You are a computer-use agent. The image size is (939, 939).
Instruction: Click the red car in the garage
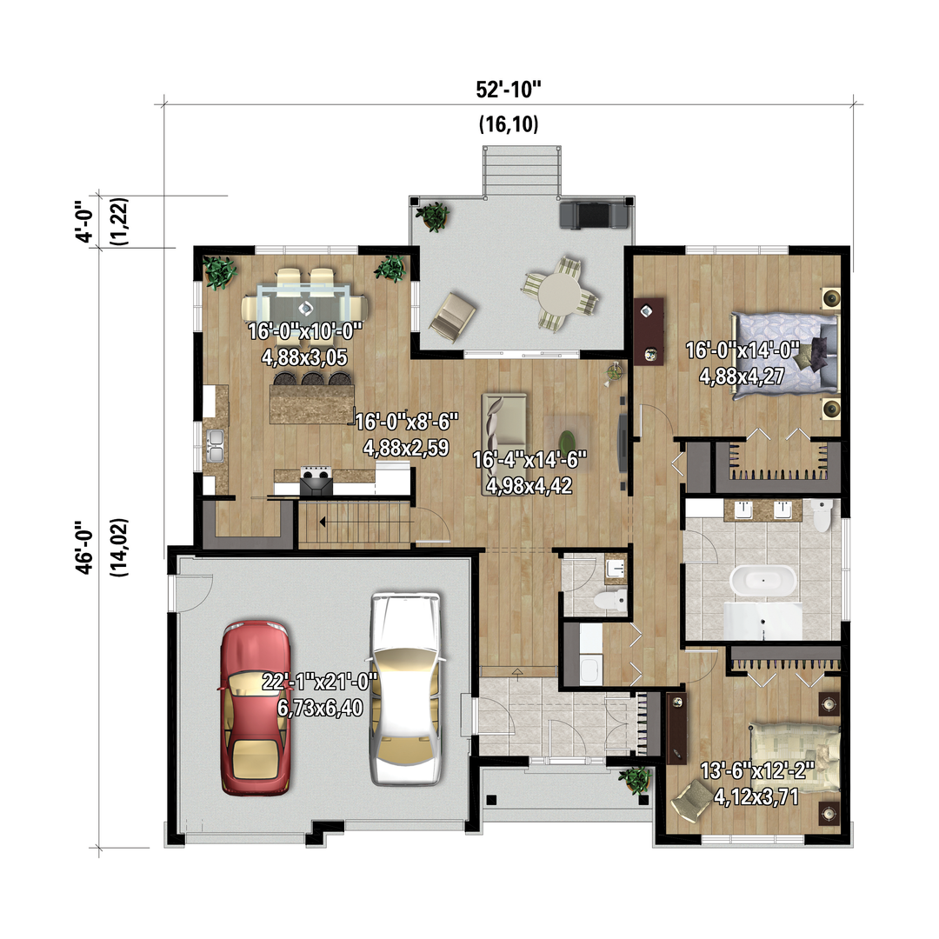256,708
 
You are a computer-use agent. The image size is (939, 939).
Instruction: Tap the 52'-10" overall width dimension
509,90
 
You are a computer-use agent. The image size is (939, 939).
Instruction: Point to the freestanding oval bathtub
763,580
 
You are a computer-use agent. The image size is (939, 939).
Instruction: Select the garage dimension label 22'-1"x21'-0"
320,682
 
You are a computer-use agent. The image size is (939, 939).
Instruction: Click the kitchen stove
316,481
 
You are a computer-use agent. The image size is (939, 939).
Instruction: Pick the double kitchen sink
215,445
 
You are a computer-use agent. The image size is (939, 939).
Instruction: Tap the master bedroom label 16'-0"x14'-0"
743,350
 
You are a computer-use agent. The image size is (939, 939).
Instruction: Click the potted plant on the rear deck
433,216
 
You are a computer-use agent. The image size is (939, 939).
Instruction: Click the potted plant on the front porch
636,780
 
